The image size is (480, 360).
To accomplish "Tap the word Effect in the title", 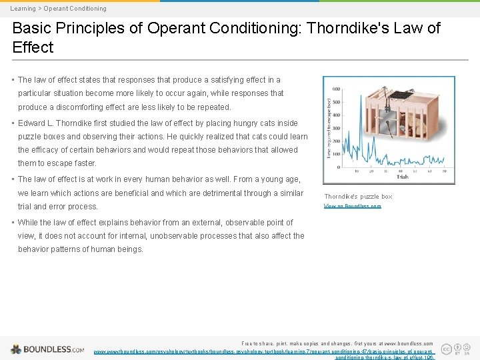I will [x=33, y=47].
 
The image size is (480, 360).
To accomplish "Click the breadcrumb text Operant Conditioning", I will [x=75, y=9].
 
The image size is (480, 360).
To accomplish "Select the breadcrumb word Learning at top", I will [x=23, y=9].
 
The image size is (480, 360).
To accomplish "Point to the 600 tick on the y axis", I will [x=336, y=89].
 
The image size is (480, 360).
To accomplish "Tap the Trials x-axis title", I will [x=402, y=177].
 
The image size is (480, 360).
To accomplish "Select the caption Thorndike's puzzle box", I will [x=358, y=197].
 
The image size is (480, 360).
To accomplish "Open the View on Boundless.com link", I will [x=353, y=207].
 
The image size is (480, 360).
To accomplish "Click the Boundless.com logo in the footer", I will [x=47, y=349].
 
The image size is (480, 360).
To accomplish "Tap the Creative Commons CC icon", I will [x=446, y=348].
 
